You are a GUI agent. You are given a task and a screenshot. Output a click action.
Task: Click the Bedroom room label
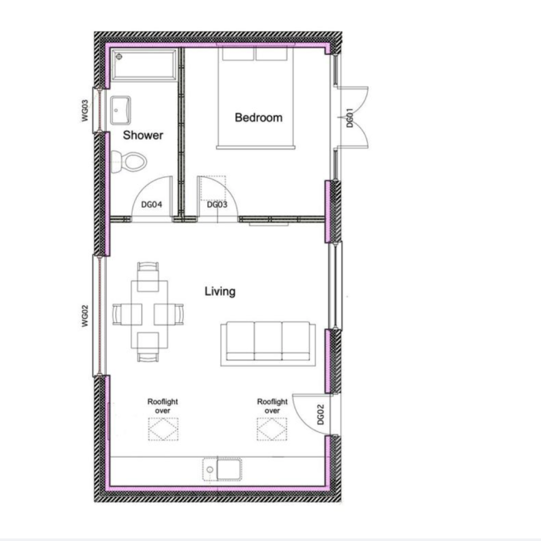tap(258, 117)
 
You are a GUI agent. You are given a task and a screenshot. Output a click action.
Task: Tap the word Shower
tap(143, 135)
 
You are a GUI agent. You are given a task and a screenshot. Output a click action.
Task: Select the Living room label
tap(220, 291)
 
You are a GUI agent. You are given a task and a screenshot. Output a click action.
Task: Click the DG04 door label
tap(151, 205)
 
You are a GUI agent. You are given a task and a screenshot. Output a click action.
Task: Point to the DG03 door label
tap(217, 205)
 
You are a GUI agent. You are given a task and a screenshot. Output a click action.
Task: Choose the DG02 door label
tap(321, 414)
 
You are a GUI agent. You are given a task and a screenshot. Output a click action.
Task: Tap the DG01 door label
tap(350, 117)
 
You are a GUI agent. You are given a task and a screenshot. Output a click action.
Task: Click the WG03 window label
tap(85, 111)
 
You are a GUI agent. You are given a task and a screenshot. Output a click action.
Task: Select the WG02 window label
tap(85, 315)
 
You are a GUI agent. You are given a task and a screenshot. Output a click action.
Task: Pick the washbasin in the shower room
tap(121, 110)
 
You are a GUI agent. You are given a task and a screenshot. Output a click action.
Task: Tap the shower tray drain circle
tap(119, 56)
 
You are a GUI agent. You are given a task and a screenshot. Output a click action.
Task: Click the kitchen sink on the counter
tap(223, 469)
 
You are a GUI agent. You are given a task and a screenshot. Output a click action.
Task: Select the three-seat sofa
tap(267, 344)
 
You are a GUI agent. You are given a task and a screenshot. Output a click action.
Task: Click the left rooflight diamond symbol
tap(163, 429)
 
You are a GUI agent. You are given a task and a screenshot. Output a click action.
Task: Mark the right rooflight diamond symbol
tap(272, 429)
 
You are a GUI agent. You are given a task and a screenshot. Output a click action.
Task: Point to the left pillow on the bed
tap(238, 54)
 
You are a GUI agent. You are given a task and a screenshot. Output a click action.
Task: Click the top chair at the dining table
tap(148, 277)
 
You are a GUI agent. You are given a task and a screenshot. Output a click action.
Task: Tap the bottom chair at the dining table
tap(148, 347)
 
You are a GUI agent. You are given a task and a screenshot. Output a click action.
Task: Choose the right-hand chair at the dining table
tap(168, 314)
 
